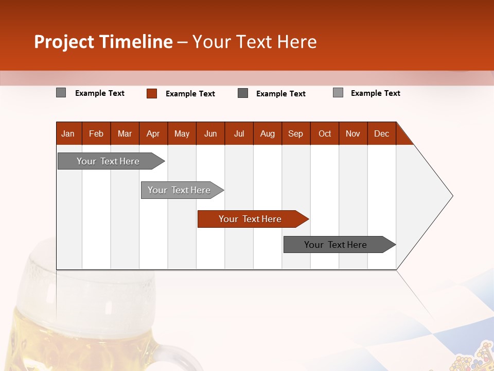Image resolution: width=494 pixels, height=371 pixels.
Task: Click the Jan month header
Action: pos(68,133)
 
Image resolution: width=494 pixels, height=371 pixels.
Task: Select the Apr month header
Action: pos(153,133)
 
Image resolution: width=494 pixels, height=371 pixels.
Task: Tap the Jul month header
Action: pos(239,133)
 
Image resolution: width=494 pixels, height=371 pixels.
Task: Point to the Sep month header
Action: pos(296,133)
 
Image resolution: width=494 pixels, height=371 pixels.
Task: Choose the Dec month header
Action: pos(381,133)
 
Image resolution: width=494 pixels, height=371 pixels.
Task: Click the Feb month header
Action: pos(96,133)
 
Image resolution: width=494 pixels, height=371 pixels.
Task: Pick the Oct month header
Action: pos(325,133)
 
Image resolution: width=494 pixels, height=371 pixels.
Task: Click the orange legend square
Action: pos(152,93)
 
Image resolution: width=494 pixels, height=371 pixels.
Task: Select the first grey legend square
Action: pos(61,93)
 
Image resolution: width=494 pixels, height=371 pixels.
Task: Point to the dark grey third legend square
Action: pos(243,93)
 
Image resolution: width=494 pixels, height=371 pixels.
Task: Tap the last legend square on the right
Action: pos(338,93)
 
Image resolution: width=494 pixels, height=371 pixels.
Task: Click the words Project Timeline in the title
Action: pos(103,42)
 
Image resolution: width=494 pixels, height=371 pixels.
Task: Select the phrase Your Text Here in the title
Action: pos(255,42)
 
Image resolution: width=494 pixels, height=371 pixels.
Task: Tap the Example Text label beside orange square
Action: pos(190,94)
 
